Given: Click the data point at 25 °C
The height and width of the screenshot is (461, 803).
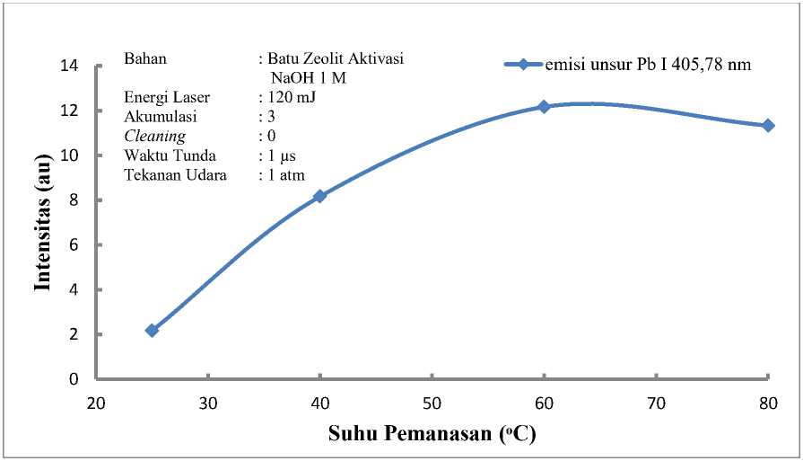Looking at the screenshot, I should pyautogui.click(x=152, y=331).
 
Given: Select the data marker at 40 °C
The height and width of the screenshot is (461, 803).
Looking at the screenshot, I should pyautogui.click(x=319, y=196).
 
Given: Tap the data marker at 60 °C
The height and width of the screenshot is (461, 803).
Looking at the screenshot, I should pyautogui.click(x=544, y=107).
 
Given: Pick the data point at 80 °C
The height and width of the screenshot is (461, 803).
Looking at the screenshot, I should pyautogui.click(x=768, y=126).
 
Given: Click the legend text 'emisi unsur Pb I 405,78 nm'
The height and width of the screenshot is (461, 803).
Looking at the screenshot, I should pyautogui.click(x=647, y=65).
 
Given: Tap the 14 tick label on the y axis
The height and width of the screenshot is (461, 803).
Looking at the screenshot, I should pyautogui.click(x=69, y=66).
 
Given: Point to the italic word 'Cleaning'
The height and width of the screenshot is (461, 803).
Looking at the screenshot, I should pyautogui.click(x=155, y=137).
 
